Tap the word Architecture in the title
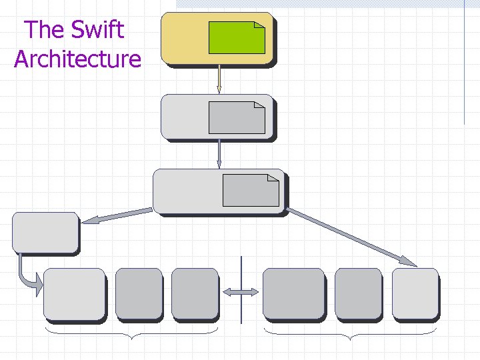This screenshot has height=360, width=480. (77, 59)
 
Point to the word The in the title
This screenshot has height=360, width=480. (45, 29)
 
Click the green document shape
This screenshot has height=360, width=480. (237, 37)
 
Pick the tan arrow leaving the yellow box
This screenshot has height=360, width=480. (219, 80)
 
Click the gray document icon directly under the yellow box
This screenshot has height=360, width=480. (237, 117)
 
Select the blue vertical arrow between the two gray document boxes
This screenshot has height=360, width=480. (219, 154)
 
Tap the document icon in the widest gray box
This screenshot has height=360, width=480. (250, 190)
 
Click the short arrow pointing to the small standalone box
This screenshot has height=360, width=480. (117, 215)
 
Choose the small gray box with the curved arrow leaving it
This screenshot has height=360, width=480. (45, 232)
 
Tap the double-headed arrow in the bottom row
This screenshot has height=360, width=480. (241, 292)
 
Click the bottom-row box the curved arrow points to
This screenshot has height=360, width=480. (74, 293)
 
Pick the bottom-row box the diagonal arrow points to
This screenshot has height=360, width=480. (415, 293)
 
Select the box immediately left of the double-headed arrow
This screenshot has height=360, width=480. (195, 293)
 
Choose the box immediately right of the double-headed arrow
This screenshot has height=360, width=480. (293, 293)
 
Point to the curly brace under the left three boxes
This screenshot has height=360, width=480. (131, 333)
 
